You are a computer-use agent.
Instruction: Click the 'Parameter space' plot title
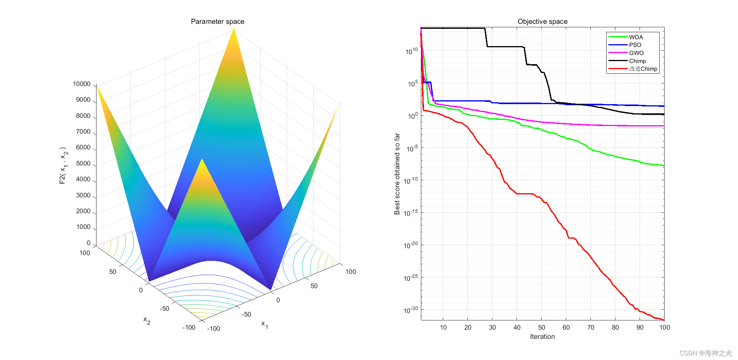pos(218,22)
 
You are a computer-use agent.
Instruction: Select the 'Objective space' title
pos(542,22)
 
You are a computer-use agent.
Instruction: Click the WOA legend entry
pos(636,37)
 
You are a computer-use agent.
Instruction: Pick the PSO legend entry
pos(635,45)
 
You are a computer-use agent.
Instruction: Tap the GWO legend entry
pos(636,53)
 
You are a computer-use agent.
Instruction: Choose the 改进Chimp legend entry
pos(643,69)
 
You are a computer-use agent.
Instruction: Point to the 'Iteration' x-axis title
pos(542,337)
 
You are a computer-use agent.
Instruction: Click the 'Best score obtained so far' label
pos(397,174)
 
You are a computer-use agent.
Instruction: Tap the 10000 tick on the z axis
pos(81,84)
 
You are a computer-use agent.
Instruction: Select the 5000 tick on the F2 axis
pos(83,163)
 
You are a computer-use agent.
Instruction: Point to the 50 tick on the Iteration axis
pos(542,327)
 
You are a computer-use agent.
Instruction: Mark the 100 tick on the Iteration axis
pos(665,327)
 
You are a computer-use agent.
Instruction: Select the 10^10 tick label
pos(412,51)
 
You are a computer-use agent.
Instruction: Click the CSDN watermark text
pos(706,353)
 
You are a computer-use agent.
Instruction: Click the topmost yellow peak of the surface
pos(234,29)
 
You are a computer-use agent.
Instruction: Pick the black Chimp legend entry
pos(637,61)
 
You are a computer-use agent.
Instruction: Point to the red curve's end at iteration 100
pos(664,320)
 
